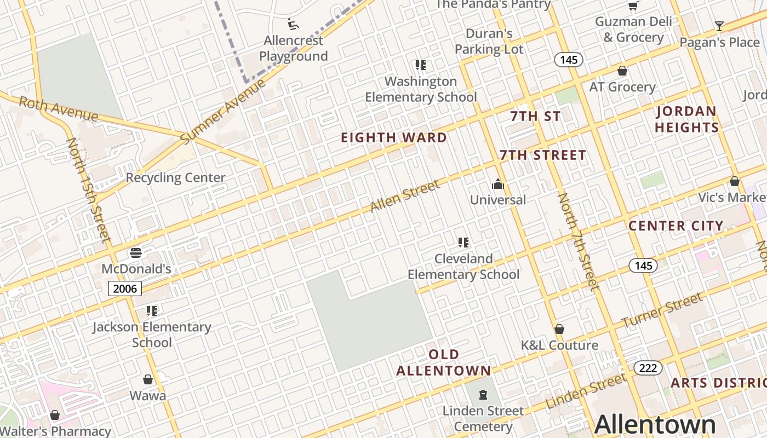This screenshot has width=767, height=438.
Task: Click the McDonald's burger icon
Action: (x=136, y=253)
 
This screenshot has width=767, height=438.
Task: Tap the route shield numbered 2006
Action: (x=125, y=289)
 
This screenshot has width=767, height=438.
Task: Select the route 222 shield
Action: (x=648, y=368)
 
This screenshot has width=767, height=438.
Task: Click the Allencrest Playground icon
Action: (x=294, y=24)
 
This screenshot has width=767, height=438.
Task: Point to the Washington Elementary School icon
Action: (x=421, y=65)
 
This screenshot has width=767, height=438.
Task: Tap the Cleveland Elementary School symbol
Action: (x=463, y=242)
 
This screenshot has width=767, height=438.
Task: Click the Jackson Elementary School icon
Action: (x=152, y=311)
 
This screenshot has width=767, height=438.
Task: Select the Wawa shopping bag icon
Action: (x=148, y=379)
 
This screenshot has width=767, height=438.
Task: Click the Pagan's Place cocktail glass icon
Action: (x=719, y=26)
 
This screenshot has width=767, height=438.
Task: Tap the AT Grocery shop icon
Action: (x=622, y=71)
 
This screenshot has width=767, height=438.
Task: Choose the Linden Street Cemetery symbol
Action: (x=483, y=394)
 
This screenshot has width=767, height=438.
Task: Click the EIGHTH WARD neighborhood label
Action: (x=394, y=137)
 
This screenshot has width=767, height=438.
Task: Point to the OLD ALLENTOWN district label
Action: (x=444, y=362)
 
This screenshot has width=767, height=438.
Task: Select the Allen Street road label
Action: (x=405, y=197)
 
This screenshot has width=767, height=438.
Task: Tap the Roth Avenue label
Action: (x=58, y=109)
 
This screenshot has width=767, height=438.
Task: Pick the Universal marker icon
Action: (x=497, y=184)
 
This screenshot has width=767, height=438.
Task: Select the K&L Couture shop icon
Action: (x=559, y=329)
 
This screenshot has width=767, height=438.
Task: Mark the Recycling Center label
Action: (x=175, y=177)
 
